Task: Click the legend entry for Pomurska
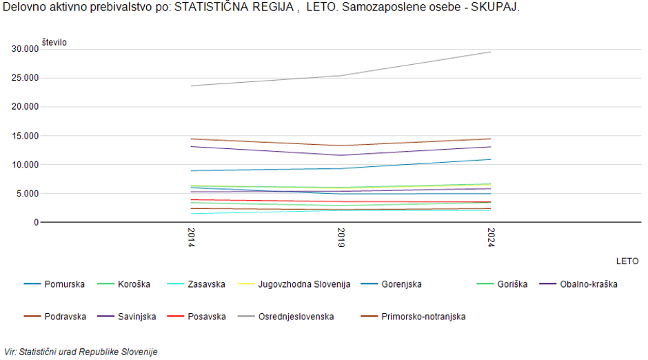[x=65, y=284]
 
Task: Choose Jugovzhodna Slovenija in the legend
[x=304, y=284]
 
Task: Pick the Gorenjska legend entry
[x=401, y=284]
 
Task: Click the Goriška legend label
[x=512, y=284]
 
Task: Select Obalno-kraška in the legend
[x=588, y=284]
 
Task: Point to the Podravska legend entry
[x=65, y=317]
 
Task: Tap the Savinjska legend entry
[x=136, y=317]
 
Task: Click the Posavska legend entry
[x=206, y=317]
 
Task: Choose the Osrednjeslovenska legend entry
[x=296, y=317]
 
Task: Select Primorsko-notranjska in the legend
[x=423, y=317]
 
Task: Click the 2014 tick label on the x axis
[x=191, y=238]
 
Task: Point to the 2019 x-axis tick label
[x=341, y=238]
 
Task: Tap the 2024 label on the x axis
[x=491, y=238]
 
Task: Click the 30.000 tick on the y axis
[x=25, y=49]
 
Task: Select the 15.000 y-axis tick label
[x=25, y=136]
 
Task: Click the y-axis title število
[x=54, y=43]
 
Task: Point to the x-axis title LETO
[x=627, y=261]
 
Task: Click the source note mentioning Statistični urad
[x=81, y=352]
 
